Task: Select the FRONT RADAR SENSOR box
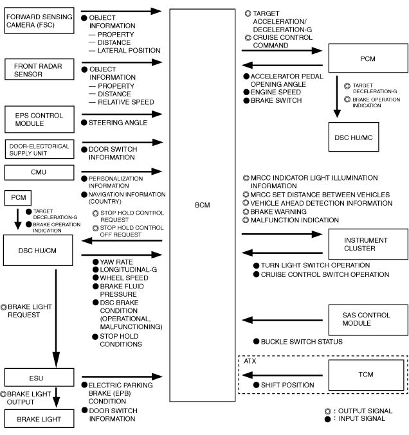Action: pos(39,69)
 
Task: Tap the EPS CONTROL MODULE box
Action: pos(39,119)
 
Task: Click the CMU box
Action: pos(39,172)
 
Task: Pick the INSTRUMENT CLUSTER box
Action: pos(365,244)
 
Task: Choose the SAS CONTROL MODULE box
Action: pos(365,319)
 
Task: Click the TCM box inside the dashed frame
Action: pos(365,374)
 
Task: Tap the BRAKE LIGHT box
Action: pos(39,419)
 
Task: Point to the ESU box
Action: pos(39,377)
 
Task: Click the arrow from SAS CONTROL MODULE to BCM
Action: pos(281,319)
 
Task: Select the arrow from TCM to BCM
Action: pos(281,375)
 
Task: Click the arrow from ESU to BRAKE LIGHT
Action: pos(56,397)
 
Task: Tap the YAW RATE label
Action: pos(113,262)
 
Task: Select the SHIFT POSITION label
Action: pos(287,385)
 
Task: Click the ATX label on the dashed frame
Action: pos(250,361)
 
